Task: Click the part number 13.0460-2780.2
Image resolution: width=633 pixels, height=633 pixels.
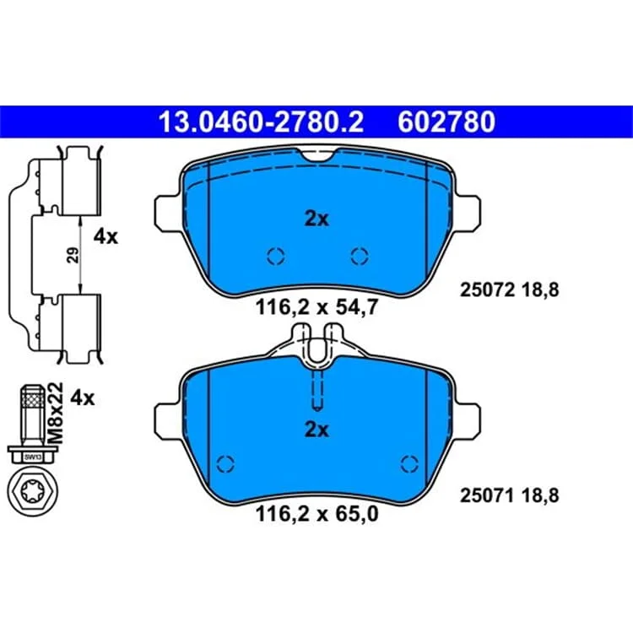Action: click(261, 122)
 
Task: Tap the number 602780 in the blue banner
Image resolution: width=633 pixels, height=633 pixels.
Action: click(446, 122)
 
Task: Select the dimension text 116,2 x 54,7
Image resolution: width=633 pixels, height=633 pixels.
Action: click(316, 307)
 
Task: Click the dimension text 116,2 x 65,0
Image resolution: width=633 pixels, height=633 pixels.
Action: click(316, 514)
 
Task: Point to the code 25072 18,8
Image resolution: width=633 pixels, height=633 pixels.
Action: click(509, 289)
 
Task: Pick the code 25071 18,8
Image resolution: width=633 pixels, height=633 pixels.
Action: click(509, 495)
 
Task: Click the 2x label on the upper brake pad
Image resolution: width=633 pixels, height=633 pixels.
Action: click(316, 219)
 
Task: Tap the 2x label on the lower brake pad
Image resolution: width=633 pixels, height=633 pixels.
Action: click(316, 430)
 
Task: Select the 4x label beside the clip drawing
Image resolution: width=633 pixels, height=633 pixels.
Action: click(105, 236)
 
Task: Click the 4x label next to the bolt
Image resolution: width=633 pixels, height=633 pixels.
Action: click(83, 398)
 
